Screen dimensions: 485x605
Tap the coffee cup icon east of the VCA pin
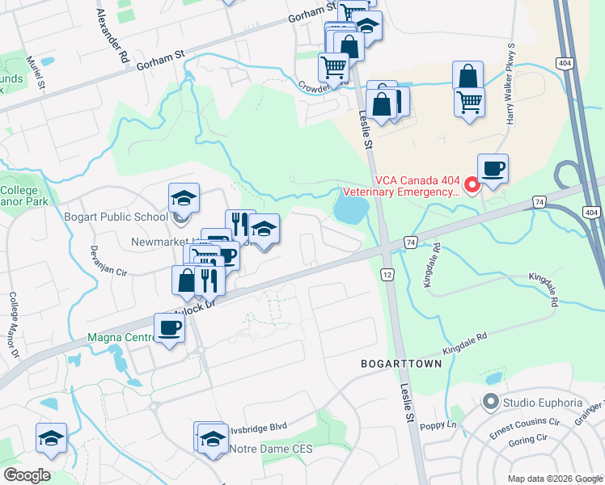click(493, 169)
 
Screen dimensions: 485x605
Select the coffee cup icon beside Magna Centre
click(169, 328)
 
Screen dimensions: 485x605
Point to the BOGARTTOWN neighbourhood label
click(401, 365)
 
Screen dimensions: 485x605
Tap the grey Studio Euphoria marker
click(489, 401)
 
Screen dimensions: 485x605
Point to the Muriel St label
click(35, 72)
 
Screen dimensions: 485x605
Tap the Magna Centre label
click(120, 335)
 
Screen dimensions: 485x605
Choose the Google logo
click(27, 475)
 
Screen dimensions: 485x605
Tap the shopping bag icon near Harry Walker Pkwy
click(468, 77)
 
